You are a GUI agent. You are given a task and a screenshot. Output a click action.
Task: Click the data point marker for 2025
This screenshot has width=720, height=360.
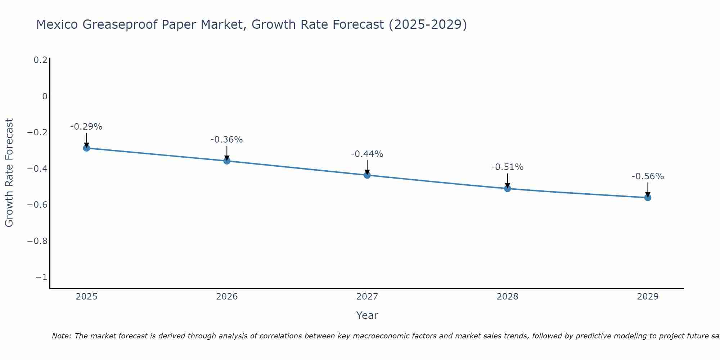click(x=86, y=148)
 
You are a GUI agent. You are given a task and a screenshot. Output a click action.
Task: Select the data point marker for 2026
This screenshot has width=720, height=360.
click(x=227, y=161)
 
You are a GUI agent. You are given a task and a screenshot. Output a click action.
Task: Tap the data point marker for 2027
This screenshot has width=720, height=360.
click(x=367, y=175)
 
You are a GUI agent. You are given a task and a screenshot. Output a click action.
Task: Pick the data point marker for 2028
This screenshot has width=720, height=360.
click(x=508, y=188)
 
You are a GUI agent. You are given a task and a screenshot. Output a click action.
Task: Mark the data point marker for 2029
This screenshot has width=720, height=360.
click(x=648, y=198)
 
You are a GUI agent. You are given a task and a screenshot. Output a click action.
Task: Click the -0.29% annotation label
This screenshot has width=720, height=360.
click(x=86, y=127)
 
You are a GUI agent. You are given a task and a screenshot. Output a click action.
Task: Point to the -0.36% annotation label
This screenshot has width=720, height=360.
click(x=227, y=140)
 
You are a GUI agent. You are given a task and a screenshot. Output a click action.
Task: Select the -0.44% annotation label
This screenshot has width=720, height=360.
click(x=367, y=154)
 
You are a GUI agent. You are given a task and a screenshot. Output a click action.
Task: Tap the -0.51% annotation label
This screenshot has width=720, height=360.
click(x=508, y=167)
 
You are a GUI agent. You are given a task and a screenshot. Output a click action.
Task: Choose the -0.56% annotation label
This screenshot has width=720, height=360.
click(x=648, y=176)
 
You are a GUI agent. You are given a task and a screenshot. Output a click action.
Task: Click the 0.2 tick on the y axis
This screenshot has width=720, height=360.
click(x=40, y=60)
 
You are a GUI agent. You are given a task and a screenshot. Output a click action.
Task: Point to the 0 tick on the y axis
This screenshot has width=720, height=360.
click(x=45, y=96)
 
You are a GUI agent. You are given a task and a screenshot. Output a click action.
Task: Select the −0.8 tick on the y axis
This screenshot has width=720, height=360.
click(x=37, y=241)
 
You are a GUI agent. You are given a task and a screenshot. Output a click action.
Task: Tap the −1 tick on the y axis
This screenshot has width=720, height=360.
click(x=41, y=277)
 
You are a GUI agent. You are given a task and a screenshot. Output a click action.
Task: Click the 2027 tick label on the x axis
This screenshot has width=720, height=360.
click(x=367, y=297)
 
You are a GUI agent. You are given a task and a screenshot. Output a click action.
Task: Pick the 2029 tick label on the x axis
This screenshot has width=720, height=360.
click(x=648, y=297)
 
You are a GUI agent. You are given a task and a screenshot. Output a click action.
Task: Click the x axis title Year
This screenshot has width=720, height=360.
click(x=367, y=315)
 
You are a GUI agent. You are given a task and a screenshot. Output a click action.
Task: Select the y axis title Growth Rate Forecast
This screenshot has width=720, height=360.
click(x=9, y=173)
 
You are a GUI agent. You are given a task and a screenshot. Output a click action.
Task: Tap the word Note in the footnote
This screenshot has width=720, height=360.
click(x=61, y=336)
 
